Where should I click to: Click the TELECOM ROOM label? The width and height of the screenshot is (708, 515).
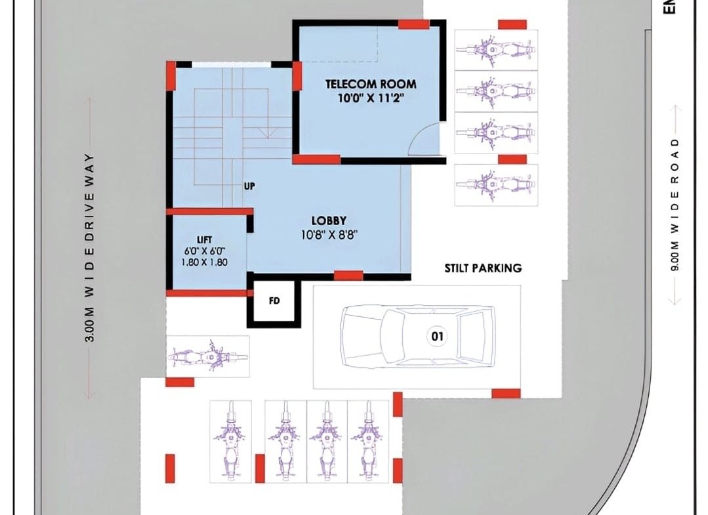371,84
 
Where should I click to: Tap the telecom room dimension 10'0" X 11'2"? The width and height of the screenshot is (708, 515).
371,98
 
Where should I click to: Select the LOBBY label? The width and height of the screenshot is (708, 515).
329,220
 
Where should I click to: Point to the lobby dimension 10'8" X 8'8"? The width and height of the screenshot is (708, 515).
329,235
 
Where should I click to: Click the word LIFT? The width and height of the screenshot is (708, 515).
205,240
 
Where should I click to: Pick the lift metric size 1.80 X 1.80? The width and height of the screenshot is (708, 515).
205,262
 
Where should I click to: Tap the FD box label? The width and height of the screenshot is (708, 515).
274,300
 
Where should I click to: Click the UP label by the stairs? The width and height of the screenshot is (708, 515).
249,186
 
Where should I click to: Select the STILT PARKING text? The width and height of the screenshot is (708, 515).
483,268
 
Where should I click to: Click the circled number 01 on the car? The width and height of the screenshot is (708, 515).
437,337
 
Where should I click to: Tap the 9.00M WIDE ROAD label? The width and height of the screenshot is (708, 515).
675,205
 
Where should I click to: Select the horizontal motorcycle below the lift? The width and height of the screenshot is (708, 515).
208,357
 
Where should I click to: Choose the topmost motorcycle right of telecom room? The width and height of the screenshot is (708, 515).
496,50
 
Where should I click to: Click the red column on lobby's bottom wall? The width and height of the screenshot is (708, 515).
348,275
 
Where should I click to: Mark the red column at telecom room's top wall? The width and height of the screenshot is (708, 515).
413,24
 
